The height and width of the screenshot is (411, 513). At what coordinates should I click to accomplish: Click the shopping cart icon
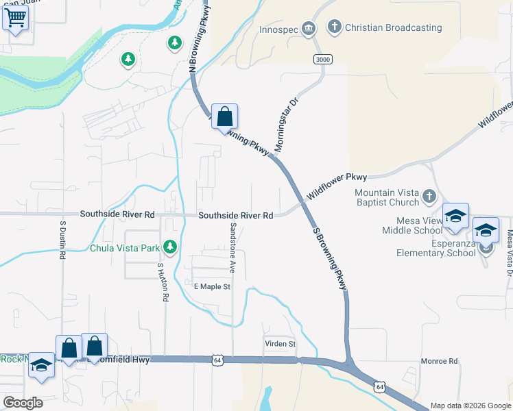(x=15, y=18)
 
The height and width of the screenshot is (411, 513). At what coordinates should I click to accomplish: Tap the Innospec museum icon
(x=309, y=27)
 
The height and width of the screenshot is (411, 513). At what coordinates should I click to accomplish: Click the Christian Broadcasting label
(x=394, y=27)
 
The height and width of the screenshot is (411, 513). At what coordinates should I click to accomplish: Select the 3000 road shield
(x=323, y=60)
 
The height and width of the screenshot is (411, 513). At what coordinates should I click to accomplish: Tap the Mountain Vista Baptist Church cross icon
(x=429, y=197)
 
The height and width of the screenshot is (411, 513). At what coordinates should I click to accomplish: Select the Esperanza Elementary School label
(x=436, y=247)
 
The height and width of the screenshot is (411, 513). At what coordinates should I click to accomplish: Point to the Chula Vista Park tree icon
(x=170, y=247)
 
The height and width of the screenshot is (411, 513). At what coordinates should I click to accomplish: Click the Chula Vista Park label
(x=124, y=247)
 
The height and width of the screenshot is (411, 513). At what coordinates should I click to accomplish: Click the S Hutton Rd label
(x=163, y=282)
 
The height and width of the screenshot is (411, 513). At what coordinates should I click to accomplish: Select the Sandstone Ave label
(x=232, y=247)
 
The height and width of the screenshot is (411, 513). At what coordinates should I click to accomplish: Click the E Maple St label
(x=212, y=286)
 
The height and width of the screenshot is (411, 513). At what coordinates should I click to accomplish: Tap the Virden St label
(x=280, y=343)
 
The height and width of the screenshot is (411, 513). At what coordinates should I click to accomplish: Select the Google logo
(x=23, y=403)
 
